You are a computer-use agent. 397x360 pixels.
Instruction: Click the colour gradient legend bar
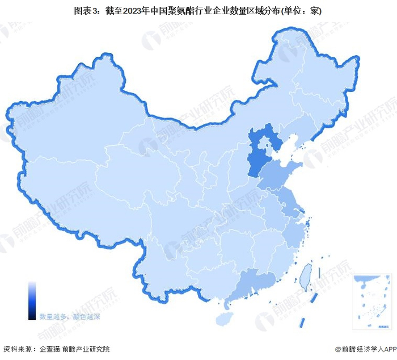pyautogui.click(x=32, y=300)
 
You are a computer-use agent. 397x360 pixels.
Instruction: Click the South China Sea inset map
pyautogui.click(x=372, y=302)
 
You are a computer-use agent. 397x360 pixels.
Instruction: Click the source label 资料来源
pyautogui.click(x=17, y=349)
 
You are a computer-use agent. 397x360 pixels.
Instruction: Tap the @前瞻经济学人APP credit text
pyautogui.click(x=363, y=349)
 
